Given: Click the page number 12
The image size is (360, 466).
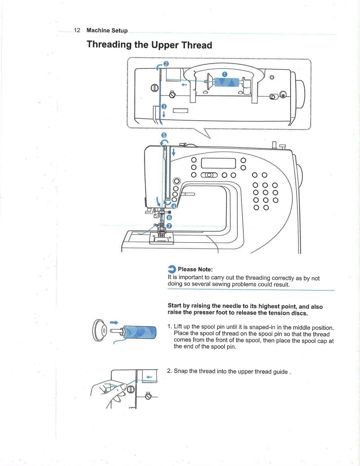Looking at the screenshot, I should (x=77, y=30).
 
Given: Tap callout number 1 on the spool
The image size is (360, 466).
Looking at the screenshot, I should (x=225, y=74).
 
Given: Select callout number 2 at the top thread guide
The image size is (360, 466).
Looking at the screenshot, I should (x=166, y=64).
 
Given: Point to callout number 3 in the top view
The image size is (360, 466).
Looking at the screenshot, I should (x=164, y=106).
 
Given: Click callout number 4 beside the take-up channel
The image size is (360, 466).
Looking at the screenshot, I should (x=174, y=206).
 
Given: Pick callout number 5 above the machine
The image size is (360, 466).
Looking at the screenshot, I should (x=164, y=135).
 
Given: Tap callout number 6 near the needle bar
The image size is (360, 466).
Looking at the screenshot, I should (x=169, y=218).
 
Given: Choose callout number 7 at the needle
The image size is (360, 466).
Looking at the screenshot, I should (x=169, y=226).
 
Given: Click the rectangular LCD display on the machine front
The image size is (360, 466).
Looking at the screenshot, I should (x=218, y=163).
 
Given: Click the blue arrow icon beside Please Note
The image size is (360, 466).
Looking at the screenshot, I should (x=172, y=269).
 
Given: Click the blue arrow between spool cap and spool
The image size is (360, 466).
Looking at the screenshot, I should (x=114, y=322).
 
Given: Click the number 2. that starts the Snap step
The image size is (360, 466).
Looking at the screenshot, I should (x=169, y=371).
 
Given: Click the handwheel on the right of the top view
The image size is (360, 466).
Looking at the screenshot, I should (x=300, y=94).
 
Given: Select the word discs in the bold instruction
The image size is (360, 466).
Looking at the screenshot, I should (x=298, y=313).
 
